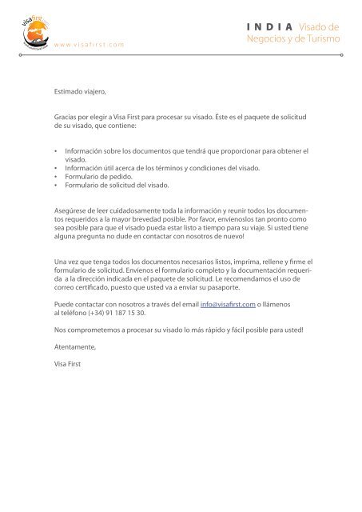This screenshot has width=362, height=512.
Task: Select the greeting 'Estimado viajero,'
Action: point(80,93)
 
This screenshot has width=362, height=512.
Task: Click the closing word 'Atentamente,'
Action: point(75,347)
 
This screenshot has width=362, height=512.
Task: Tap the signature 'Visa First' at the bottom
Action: point(67,364)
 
